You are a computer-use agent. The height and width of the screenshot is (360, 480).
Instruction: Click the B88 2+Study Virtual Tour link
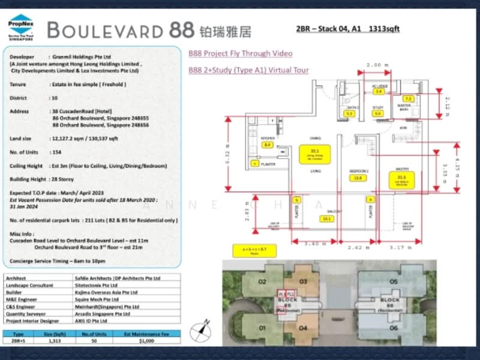[248, 70]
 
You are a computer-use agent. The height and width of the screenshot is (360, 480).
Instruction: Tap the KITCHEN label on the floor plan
[268, 139]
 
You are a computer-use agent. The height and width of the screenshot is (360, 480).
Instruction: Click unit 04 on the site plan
[302, 328]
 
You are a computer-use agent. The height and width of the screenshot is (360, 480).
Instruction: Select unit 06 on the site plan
[394, 328]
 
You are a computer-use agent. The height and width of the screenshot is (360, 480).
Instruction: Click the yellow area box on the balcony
[327, 219]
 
